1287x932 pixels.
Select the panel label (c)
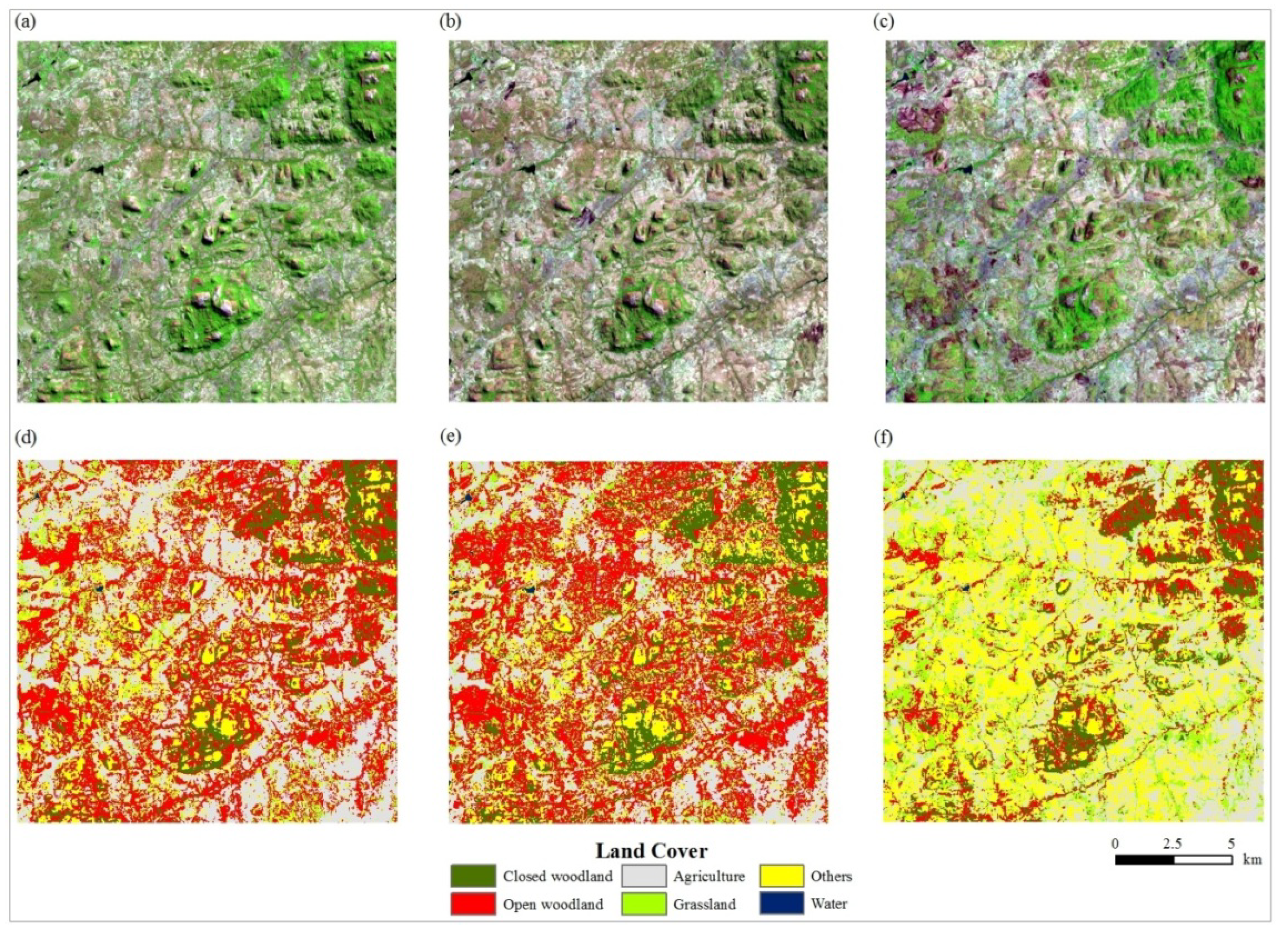pos(884,23)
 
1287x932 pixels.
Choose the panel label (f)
pos(884,438)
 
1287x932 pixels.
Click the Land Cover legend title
pos(651,851)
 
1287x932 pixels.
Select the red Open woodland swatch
pos(472,904)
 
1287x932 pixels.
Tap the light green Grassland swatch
pos(644,904)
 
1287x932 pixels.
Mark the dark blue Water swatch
pos(781,904)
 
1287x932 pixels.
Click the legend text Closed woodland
pos(557,877)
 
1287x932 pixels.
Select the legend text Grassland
pos(704,905)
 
